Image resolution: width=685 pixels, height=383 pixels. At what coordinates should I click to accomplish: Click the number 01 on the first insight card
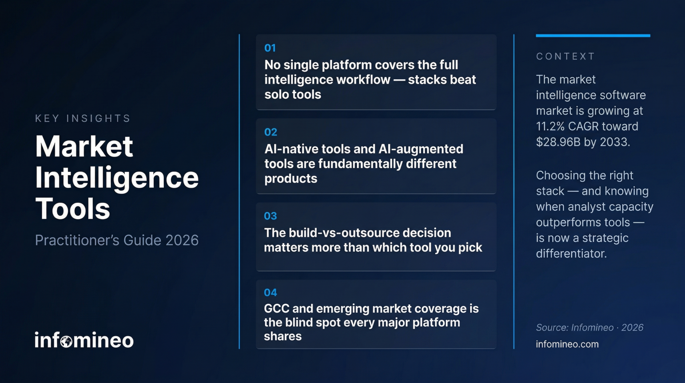coord(270,48)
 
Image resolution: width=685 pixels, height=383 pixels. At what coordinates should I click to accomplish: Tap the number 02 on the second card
coord(271,132)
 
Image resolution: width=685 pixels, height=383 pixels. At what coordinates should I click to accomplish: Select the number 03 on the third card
coord(270,216)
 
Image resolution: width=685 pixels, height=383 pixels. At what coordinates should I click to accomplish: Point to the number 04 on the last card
coord(270,292)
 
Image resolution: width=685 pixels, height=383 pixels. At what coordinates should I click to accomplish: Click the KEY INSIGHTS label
coord(83,118)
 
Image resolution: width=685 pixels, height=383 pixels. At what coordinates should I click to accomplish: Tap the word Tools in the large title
coord(73,209)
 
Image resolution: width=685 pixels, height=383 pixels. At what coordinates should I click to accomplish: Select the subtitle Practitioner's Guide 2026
coord(117,240)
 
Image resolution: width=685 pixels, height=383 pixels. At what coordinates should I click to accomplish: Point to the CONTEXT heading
coord(565,56)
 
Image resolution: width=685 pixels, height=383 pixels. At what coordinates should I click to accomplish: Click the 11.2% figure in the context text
coord(550,126)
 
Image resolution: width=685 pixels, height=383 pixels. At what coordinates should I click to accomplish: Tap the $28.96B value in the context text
coord(558,142)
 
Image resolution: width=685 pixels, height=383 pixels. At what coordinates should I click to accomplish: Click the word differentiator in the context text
coord(571,254)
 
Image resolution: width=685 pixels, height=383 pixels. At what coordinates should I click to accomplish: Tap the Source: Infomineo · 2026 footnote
coord(589,328)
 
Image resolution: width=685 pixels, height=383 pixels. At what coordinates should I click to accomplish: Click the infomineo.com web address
coord(567,344)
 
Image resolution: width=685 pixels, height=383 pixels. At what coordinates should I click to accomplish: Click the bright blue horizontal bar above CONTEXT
coord(593,36)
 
